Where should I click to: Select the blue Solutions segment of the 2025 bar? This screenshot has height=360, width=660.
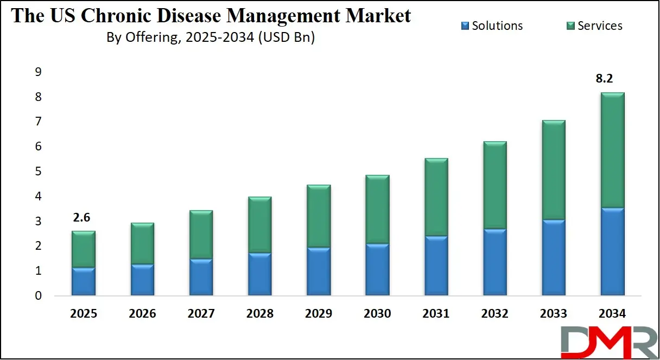(x=84, y=281)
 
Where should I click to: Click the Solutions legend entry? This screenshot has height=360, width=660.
(x=492, y=26)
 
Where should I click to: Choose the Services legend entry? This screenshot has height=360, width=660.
(x=595, y=26)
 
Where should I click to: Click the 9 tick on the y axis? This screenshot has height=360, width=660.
(x=38, y=72)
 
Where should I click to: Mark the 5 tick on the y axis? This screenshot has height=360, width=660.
(x=38, y=172)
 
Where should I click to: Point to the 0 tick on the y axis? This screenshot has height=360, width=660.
(x=38, y=296)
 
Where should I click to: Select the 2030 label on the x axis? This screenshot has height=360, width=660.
(x=377, y=314)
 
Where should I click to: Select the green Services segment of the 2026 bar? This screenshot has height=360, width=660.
(x=142, y=243)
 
